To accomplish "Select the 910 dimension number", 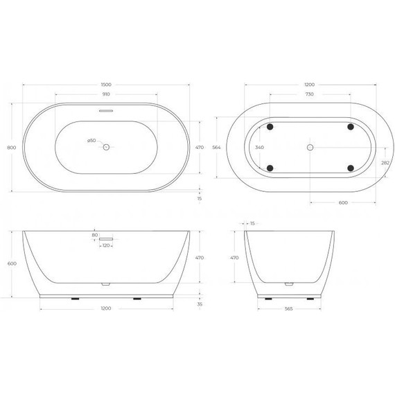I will point(105,95).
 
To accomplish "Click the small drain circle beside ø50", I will point(106,147).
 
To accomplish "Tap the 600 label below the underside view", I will point(344,202).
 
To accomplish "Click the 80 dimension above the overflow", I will point(94,235).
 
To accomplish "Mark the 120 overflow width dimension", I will point(105,246).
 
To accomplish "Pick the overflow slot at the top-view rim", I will point(105,109).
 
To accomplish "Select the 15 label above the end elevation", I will point(252,223).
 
